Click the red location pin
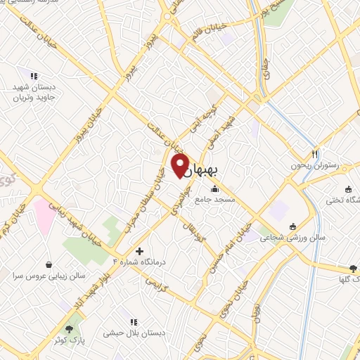click(180, 166)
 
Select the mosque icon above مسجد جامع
click(214, 188)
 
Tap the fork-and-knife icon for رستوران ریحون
click(316, 154)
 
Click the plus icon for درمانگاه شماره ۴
click(139, 251)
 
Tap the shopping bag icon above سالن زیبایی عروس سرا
click(49, 265)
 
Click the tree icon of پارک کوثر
click(69, 328)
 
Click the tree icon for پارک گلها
click(354, 268)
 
